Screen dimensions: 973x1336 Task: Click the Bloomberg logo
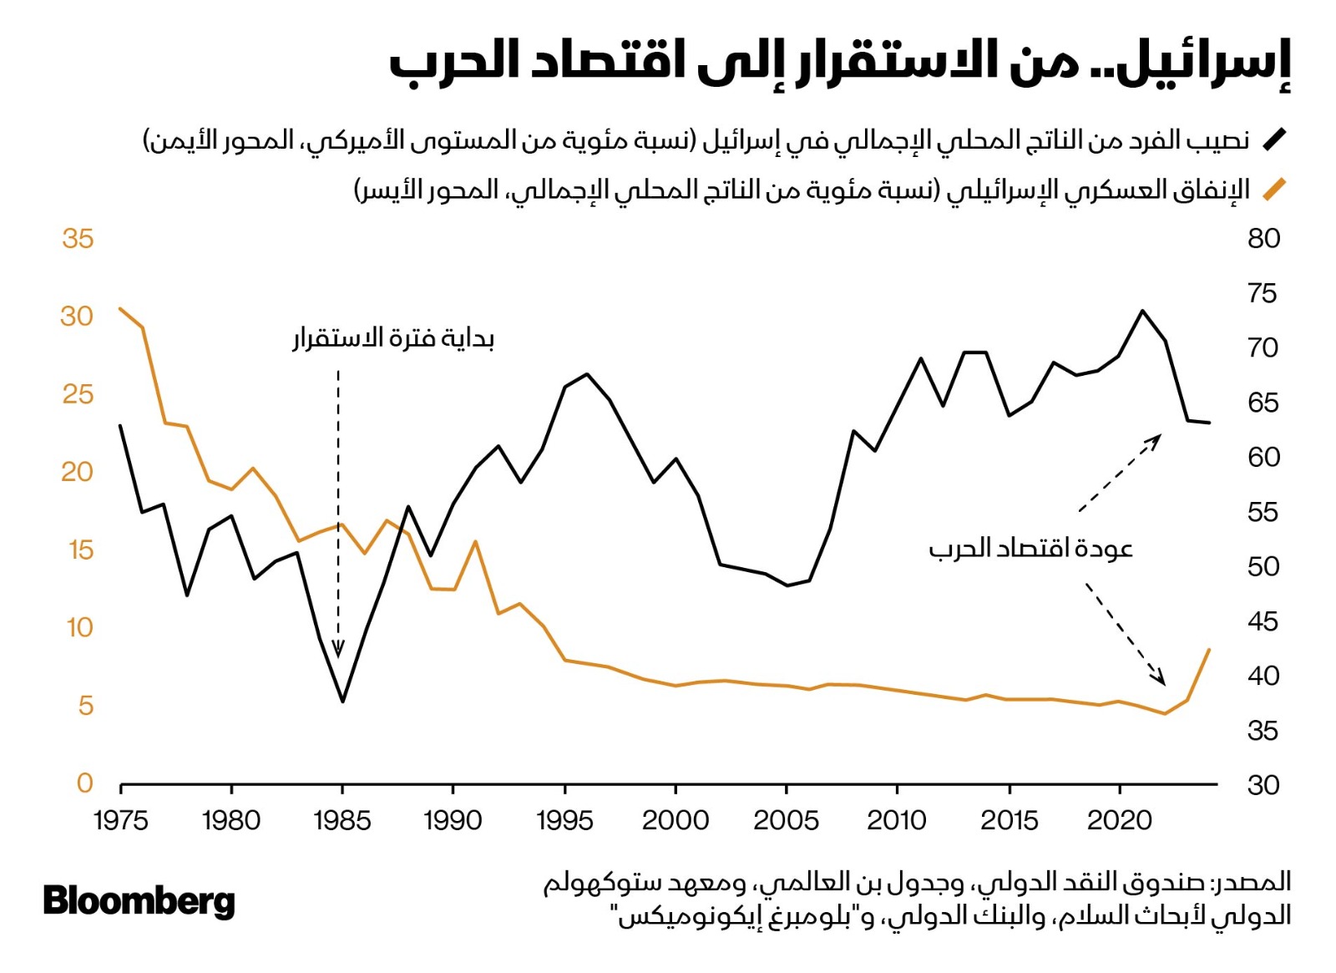click(139, 901)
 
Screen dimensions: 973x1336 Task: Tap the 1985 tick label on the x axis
click(342, 820)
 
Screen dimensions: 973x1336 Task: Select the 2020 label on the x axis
click(1119, 820)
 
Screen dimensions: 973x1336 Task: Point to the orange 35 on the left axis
click(78, 239)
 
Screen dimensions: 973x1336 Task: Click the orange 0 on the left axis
click(84, 783)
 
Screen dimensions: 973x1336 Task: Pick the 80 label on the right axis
click(1263, 239)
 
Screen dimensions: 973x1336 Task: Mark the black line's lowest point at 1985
click(342, 701)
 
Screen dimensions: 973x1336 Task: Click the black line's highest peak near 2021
click(1142, 311)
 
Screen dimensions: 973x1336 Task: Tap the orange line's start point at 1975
click(121, 308)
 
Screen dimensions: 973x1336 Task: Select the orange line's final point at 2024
click(1209, 649)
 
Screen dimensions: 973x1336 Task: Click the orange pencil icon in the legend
click(1274, 190)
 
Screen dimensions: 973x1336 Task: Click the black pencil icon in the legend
click(1274, 139)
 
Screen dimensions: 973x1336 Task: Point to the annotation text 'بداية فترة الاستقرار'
click(393, 338)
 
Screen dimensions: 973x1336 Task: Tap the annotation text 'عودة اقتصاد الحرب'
click(1030, 549)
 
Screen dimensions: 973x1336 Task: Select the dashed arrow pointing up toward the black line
click(1119, 473)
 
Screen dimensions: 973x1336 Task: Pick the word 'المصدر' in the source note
click(1256, 882)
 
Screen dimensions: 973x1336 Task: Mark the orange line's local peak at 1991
click(475, 541)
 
